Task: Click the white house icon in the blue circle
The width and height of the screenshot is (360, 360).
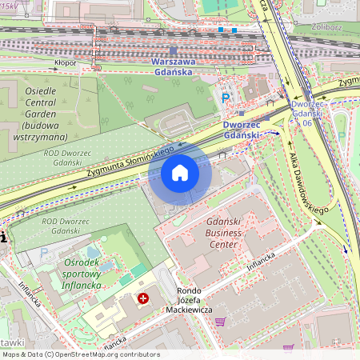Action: pos(180,173)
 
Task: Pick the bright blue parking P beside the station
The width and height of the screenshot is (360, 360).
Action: pos(226,100)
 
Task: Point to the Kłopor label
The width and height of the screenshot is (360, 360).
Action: pos(66,61)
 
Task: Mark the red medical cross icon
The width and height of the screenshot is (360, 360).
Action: pos(143,298)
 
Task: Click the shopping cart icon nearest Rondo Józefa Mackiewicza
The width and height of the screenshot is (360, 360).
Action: pos(219,322)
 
